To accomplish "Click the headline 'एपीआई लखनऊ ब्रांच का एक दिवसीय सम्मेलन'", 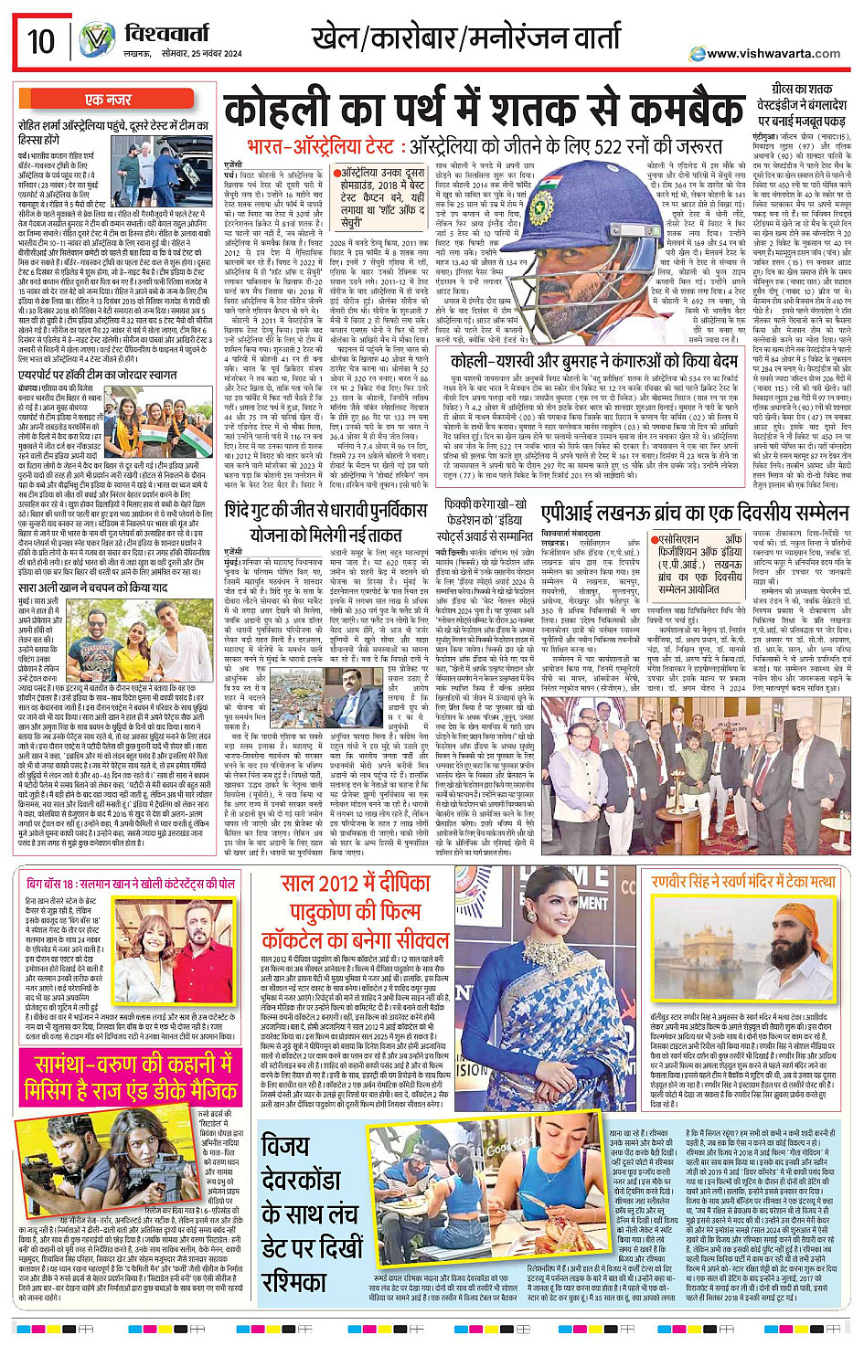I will coord(681,513).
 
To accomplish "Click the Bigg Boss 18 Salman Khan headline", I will coord(131,884).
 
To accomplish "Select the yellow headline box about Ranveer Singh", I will coord(743,881).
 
